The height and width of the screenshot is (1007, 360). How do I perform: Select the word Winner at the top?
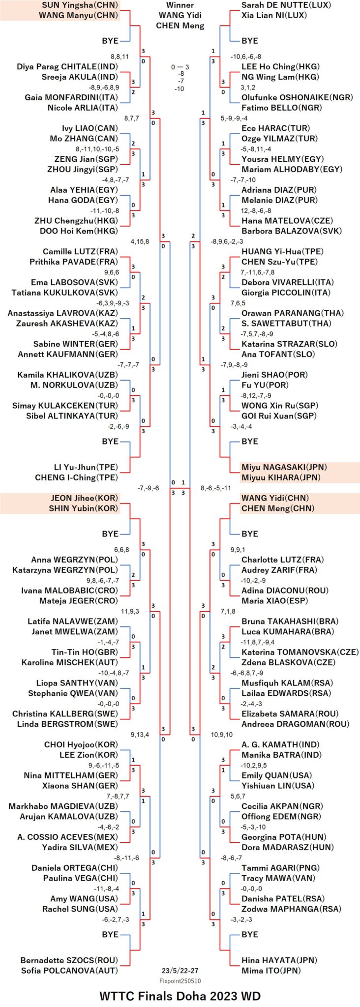[x=180, y=5]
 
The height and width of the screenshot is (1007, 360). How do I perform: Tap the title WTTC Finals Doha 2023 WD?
[x=180, y=996]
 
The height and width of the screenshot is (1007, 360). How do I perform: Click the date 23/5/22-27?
[x=180, y=971]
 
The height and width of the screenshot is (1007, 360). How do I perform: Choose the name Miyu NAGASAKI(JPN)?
[x=284, y=467]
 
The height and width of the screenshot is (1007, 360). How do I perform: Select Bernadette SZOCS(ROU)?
[x=69, y=960]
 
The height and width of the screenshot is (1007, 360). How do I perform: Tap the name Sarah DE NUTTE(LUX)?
[x=286, y=5]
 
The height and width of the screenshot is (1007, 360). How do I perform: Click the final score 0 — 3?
[x=180, y=67]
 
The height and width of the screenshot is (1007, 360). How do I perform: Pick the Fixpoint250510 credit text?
[x=180, y=980]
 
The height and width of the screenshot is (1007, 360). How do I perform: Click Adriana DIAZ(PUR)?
[x=279, y=189]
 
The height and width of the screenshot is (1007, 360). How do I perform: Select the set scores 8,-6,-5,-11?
[x=216, y=488]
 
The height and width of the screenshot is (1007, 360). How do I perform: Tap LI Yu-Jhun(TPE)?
[x=86, y=467]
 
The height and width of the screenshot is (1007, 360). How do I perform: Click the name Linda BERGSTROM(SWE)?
[x=67, y=724]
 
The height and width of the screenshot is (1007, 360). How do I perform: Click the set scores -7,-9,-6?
[x=148, y=488]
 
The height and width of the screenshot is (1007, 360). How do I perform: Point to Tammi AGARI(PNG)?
[x=280, y=867]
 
